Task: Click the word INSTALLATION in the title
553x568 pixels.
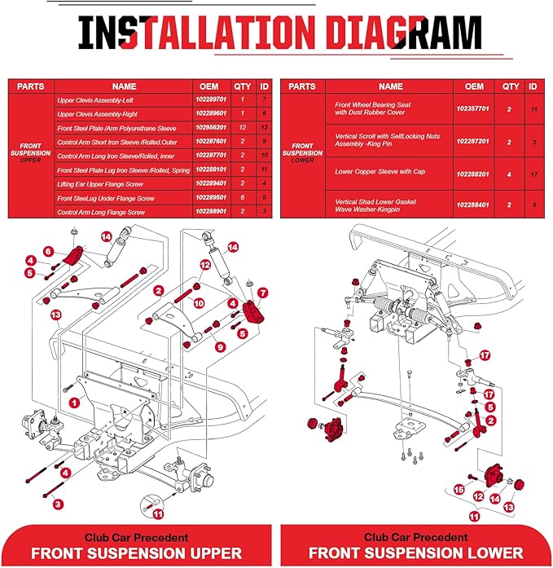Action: [196, 33]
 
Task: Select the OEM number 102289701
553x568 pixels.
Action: [211, 99]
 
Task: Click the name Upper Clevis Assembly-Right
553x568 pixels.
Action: [97, 114]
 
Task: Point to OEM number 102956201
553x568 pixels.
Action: [211, 127]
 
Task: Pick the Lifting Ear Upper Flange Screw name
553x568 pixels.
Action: [100, 184]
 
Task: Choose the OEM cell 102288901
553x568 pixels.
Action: [211, 211]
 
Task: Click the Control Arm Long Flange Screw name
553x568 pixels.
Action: [101, 212]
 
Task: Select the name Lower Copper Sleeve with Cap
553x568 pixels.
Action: [380, 172]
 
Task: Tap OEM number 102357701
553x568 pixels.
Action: [472, 108]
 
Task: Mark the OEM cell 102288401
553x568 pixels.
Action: [472, 205]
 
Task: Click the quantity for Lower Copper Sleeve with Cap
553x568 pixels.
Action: [509, 174]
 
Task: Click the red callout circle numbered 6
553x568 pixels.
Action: [49, 251]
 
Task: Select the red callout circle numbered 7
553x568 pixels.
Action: [263, 293]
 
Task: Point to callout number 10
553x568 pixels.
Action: [199, 303]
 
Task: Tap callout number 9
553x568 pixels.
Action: [220, 347]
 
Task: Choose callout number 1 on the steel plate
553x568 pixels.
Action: [75, 403]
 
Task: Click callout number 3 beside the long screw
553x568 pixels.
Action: [58, 504]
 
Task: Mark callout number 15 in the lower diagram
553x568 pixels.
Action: [459, 490]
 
